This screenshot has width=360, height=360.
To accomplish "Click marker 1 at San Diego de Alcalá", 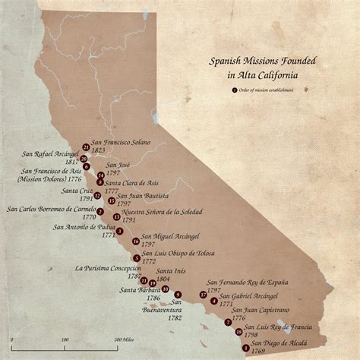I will (x=245, y=347).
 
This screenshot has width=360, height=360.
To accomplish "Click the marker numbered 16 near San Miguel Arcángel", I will (x=135, y=242).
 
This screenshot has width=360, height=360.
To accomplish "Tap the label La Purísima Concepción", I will (x=109, y=268).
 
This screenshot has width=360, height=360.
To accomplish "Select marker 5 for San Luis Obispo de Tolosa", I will (x=136, y=258).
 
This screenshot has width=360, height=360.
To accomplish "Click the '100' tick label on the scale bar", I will (x=65, y=339).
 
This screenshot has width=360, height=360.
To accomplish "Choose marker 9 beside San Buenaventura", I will (x=178, y=294).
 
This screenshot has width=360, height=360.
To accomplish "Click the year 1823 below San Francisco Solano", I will (x=100, y=150).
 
